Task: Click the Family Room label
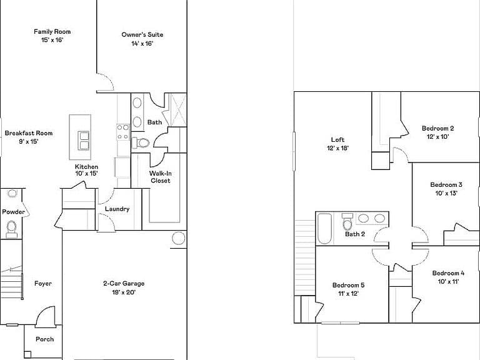[x=52, y=31]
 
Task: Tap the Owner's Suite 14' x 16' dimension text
[x=142, y=44]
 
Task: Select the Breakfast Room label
[x=29, y=133]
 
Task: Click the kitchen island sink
[x=83, y=141]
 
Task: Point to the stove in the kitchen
[x=123, y=132]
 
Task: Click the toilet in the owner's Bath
[x=141, y=142]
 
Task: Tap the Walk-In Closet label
[x=161, y=177]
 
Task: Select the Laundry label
[x=117, y=209]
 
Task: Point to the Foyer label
[x=43, y=284]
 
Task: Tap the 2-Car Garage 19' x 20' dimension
[x=124, y=292]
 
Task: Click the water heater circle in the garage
[x=179, y=238]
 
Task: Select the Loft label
[x=337, y=139]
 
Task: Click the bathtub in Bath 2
[x=324, y=229]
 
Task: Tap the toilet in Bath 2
[x=347, y=222]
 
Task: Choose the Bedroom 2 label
[x=437, y=128]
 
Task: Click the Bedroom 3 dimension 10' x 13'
[x=446, y=193]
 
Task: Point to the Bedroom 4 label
[x=448, y=273]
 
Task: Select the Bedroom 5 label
[x=348, y=285]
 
